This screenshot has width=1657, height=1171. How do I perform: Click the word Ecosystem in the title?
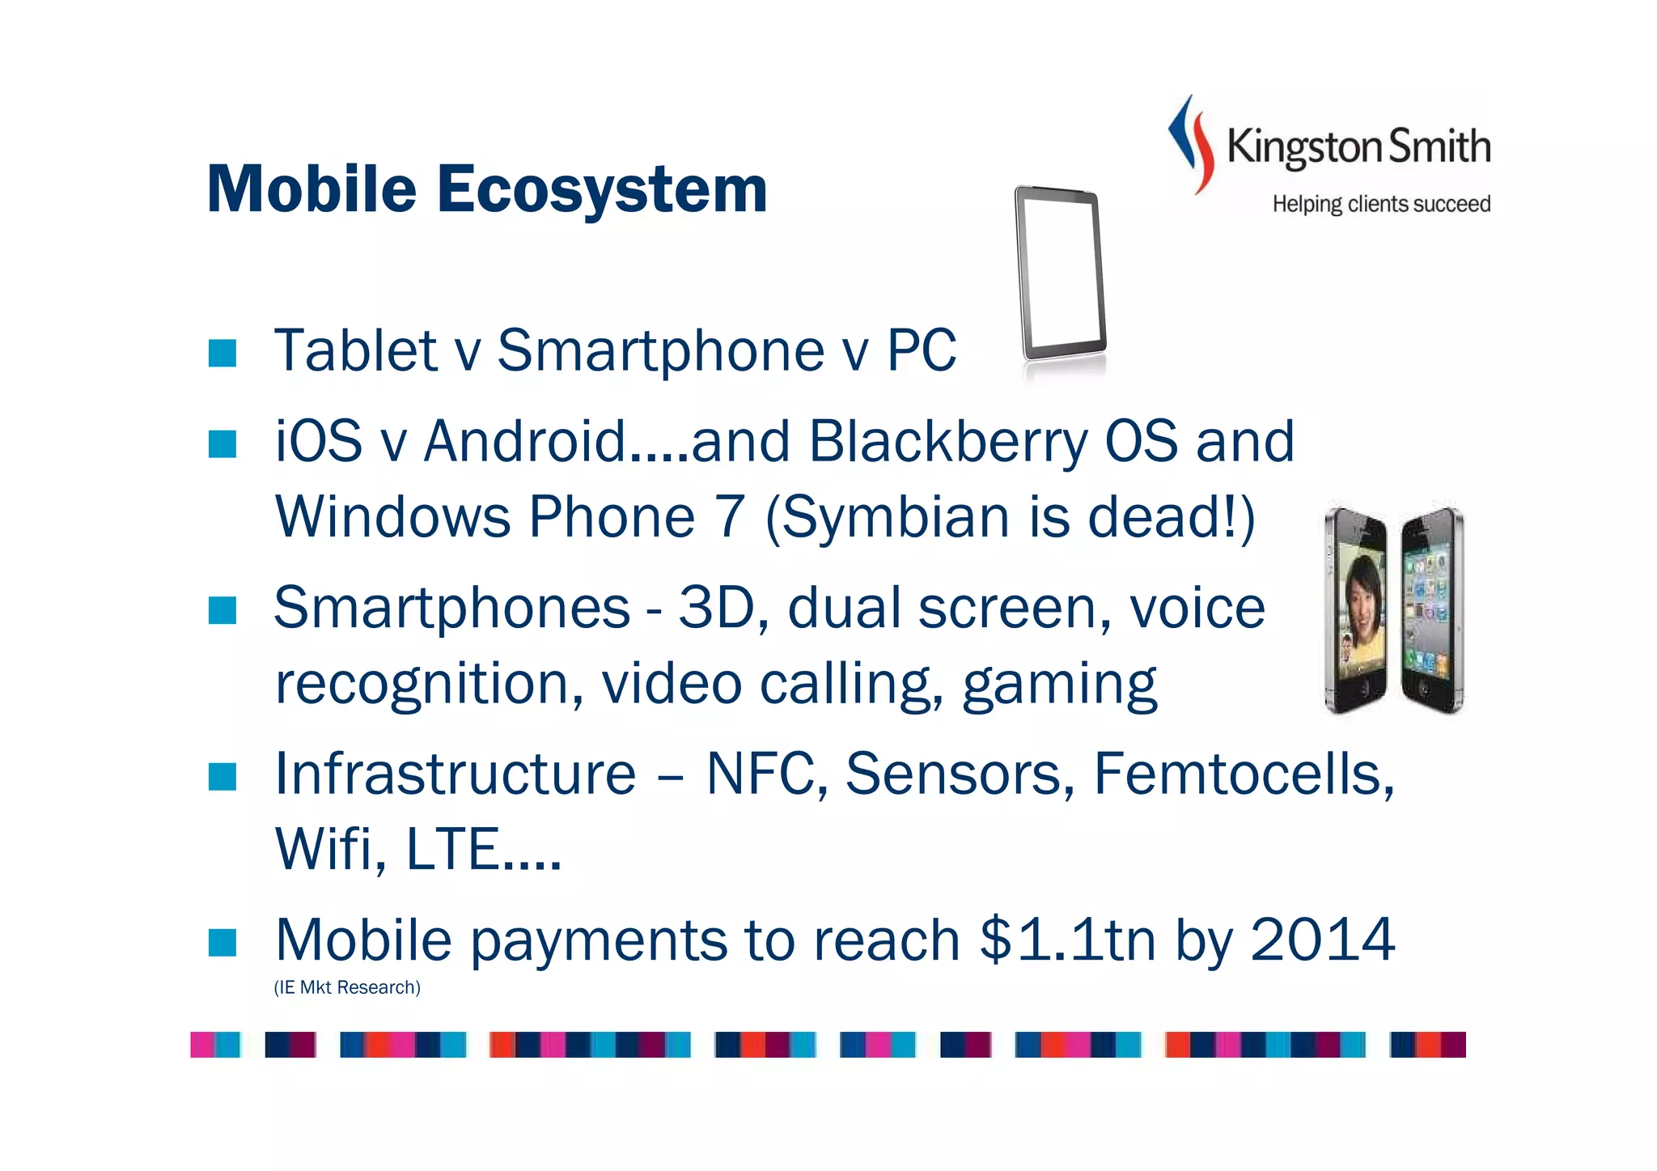click(x=602, y=189)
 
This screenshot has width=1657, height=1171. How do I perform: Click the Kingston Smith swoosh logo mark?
click(x=1192, y=144)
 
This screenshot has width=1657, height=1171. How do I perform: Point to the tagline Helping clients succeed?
click(x=1381, y=204)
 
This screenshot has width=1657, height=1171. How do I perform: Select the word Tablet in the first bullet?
click(x=356, y=350)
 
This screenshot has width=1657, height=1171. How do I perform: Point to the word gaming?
click(x=1059, y=685)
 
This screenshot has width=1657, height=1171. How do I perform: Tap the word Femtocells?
click(x=1244, y=774)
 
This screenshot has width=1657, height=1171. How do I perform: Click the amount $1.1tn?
click(x=1067, y=940)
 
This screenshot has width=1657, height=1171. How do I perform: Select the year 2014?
click(x=1322, y=940)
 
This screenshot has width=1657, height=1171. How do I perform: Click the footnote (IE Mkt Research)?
click(x=347, y=987)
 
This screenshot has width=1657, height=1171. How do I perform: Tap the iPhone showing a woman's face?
click(x=1356, y=612)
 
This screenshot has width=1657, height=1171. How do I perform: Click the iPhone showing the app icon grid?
click(x=1432, y=612)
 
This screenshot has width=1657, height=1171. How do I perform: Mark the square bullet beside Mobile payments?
click(x=222, y=942)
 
